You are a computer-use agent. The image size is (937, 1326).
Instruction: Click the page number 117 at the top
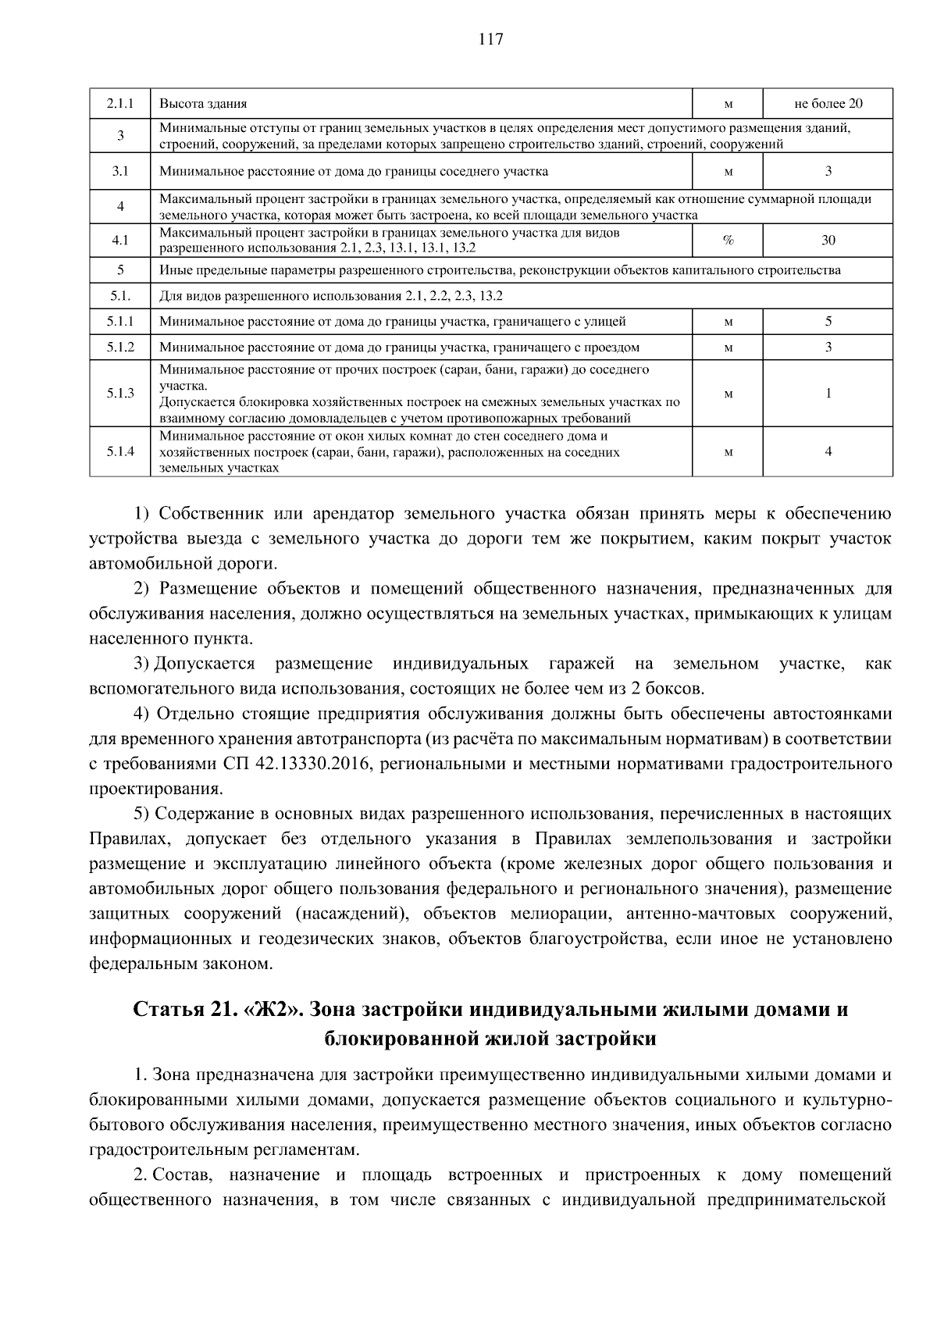490,40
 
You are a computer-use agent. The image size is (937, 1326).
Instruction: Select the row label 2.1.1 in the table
120,103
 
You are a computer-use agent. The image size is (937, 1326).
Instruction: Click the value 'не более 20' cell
828,103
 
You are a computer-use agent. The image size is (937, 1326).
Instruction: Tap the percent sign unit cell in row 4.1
728,241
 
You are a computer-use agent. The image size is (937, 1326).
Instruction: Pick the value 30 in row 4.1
828,241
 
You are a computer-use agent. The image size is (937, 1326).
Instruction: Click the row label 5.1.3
120,394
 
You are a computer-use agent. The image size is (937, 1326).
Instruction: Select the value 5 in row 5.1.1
828,321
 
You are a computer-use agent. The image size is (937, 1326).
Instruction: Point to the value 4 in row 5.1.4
828,451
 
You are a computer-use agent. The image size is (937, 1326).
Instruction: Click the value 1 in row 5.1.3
828,394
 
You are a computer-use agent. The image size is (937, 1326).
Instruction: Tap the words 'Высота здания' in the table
203,103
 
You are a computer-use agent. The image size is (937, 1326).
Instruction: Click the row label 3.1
120,171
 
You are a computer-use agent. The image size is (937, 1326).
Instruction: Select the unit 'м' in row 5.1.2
728,348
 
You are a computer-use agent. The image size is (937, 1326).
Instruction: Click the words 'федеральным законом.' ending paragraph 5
181,964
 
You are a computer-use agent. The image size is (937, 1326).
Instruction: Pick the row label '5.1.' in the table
120,296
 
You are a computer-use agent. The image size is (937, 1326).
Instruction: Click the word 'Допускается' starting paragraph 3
205,664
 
